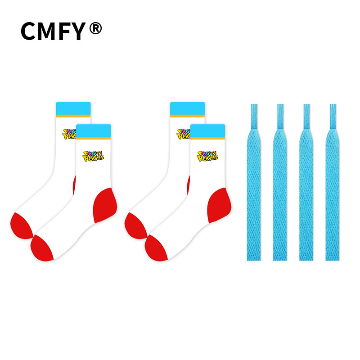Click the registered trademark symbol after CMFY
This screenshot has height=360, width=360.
95,28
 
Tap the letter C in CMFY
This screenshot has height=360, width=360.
28,31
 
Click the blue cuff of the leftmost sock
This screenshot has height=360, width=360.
73,108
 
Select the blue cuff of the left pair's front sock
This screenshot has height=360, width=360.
94,130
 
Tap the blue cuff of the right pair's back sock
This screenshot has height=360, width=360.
187,108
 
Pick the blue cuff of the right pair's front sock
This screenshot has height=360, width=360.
207,130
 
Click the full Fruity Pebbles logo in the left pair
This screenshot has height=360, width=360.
93,156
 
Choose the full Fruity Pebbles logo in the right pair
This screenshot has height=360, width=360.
207,156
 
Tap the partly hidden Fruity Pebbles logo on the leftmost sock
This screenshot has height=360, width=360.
69,134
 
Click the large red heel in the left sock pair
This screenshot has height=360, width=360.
105,205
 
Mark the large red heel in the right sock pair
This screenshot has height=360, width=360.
219,205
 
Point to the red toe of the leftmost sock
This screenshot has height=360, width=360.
20,226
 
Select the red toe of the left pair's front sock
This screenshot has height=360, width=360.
41,248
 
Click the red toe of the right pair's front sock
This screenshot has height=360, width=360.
155,248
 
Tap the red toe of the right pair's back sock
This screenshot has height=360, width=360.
135,226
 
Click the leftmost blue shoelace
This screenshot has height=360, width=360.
254,183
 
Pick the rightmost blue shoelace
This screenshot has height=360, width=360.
333,183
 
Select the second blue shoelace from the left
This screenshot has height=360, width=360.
280,183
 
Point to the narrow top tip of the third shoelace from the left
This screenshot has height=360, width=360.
306,105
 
